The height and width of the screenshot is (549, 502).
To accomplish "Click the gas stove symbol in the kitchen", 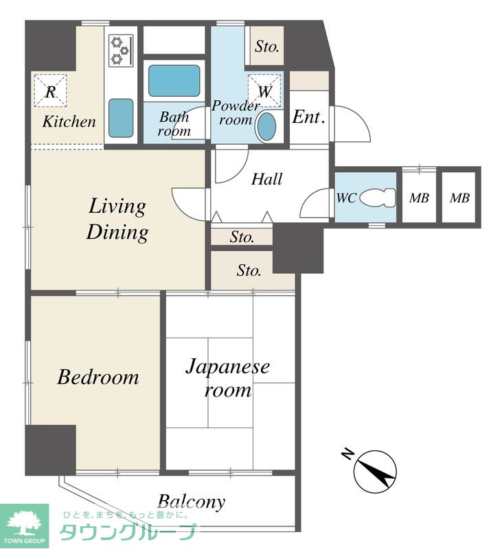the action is pyautogui.click(x=122, y=51).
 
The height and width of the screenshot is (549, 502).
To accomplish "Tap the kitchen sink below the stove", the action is pyautogui.click(x=121, y=118).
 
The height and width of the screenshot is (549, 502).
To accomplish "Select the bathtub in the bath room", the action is pyautogui.click(x=174, y=81).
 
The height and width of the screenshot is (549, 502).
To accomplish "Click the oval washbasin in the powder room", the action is pyautogui.click(x=267, y=127).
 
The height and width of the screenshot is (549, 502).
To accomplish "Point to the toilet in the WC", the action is pyautogui.click(x=378, y=198).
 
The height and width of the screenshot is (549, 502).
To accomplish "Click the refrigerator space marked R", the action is pyautogui.click(x=50, y=91).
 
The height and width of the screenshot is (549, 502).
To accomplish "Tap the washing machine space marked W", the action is pyautogui.click(x=264, y=91).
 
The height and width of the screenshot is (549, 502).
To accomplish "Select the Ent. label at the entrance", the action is pyautogui.click(x=308, y=117).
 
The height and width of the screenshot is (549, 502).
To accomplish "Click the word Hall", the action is pyautogui.click(x=267, y=179).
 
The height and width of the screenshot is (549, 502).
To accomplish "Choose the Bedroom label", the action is pyautogui.click(x=98, y=377).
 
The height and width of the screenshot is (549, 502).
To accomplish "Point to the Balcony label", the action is pyautogui.click(x=192, y=502).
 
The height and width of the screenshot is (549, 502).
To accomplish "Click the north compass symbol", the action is pyautogui.click(x=375, y=471).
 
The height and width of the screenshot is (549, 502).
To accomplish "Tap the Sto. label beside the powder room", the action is pyautogui.click(x=267, y=46).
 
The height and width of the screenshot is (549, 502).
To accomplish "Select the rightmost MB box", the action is pyautogui.click(x=459, y=198).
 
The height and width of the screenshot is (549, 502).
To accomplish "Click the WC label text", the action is pyautogui.click(x=347, y=198).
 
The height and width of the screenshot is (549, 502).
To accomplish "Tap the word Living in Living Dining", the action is pyautogui.click(x=117, y=207).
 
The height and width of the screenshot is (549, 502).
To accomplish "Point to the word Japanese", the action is pyautogui.click(x=228, y=367).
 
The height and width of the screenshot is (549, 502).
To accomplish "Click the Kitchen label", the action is pyautogui.click(x=69, y=121).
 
